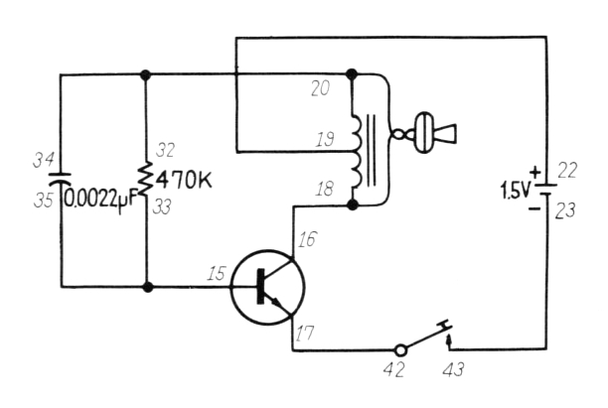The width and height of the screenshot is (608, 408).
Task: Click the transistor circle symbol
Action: tap(267, 288)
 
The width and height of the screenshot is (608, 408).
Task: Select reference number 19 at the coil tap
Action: tap(324, 142)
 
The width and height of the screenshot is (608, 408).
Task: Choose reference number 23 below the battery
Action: tap(567, 210)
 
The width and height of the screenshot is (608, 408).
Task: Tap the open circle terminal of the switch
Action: tap(399, 349)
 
